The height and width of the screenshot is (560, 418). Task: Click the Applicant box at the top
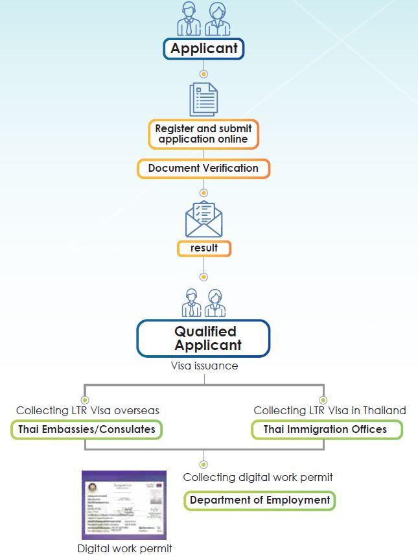[x=203, y=49]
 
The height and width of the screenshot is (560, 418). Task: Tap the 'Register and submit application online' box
[x=203, y=134]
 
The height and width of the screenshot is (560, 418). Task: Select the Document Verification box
[x=203, y=169]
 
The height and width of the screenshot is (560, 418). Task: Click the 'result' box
[x=203, y=248]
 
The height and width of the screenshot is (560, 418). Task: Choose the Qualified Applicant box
[x=203, y=338]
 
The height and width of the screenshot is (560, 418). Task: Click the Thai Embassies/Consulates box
[x=87, y=430]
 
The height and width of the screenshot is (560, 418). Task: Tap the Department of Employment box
[x=260, y=500]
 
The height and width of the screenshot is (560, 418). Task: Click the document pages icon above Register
[x=203, y=99]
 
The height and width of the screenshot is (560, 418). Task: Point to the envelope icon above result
[x=203, y=219]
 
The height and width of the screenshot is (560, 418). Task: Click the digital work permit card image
[x=124, y=505]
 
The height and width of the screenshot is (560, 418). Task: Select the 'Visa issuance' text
[x=204, y=366]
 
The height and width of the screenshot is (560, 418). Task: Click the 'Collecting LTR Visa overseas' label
[x=87, y=410]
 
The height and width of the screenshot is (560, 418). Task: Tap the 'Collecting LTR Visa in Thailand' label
[x=330, y=410]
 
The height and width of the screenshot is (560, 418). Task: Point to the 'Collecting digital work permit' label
[x=258, y=477]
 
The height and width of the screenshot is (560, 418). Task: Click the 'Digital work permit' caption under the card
[x=124, y=549]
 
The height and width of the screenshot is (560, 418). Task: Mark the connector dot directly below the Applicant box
[x=203, y=74]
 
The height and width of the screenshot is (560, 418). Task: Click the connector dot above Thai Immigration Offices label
[x=323, y=400]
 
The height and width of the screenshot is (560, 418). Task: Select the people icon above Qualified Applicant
[x=203, y=302]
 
